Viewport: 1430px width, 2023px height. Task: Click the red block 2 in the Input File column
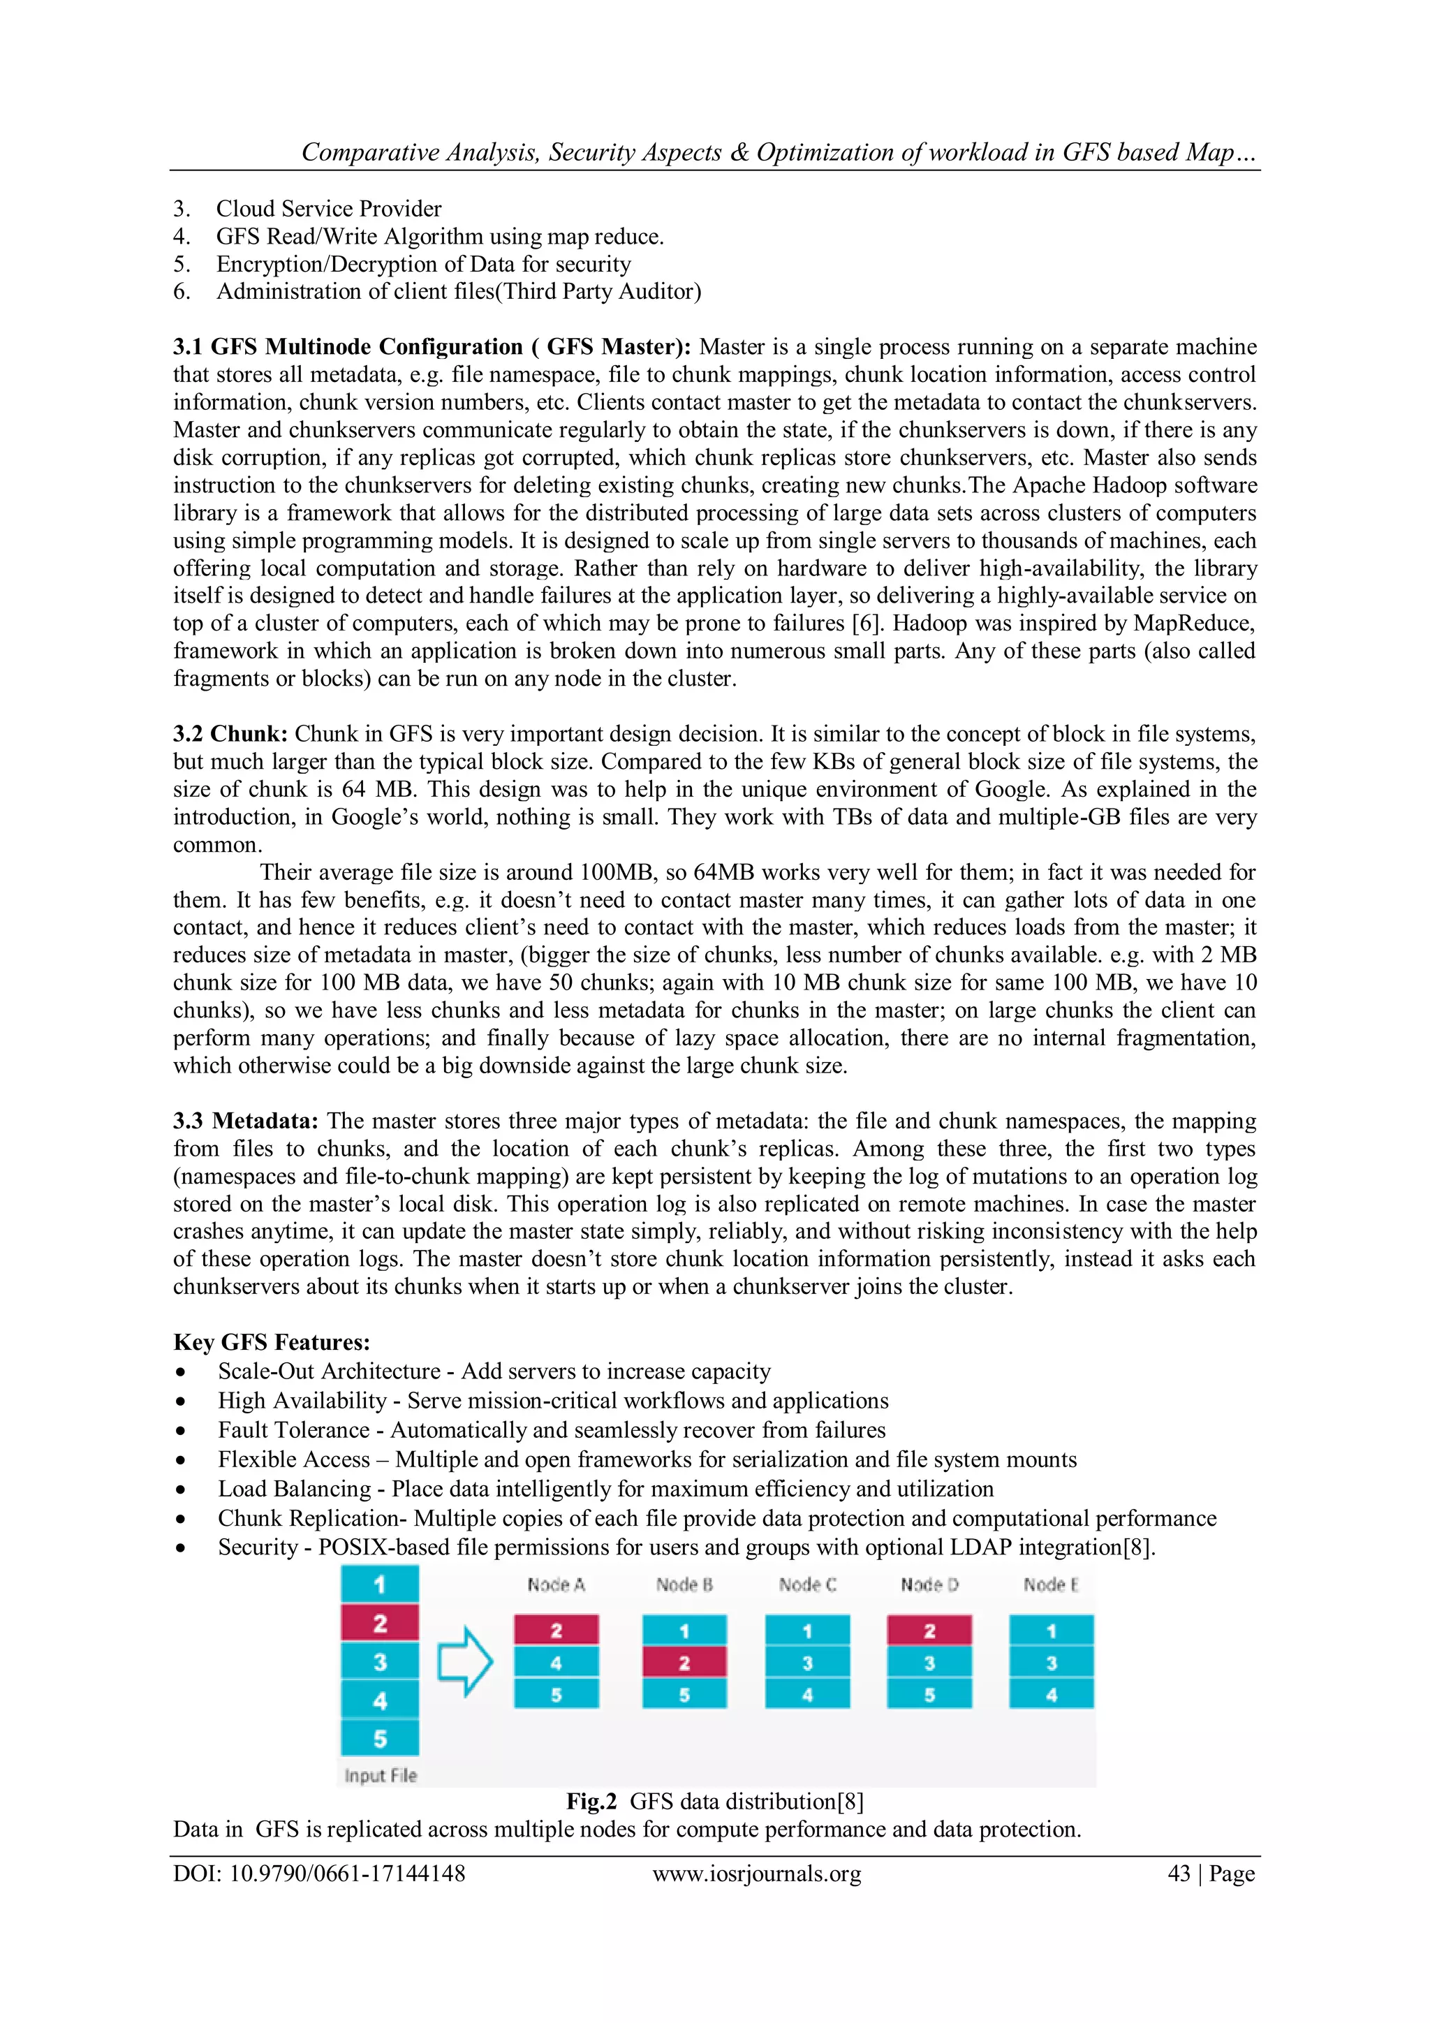[x=380, y=1622]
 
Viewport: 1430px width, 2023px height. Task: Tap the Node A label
[x=556, y=1585]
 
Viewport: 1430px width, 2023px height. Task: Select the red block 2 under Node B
[x=684, y=1663]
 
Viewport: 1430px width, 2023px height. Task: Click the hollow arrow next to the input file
[x=465, y=1662]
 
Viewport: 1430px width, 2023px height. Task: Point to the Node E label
[x=1050, y=1585]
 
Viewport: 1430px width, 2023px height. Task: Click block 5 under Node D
[x=929, y=1694]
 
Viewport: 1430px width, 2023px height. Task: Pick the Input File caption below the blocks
[x=380, y=1775]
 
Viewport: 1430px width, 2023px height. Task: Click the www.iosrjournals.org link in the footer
[x=756, y=1874]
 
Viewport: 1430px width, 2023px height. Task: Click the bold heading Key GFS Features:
[x=272, y=1342]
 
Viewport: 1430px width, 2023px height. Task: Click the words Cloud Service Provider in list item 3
[x=329, y=209]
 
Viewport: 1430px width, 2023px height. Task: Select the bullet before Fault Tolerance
[x=181, y=1431]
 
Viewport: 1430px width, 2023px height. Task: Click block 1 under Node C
[x=806, y=1631]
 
